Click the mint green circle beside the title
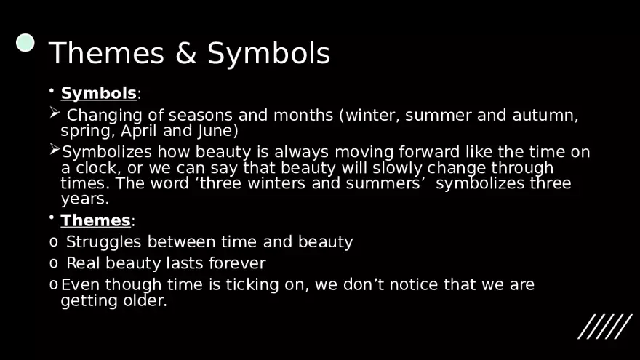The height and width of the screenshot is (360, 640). click(x=25, y=43)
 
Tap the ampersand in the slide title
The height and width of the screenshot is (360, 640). click(x=186, y=53)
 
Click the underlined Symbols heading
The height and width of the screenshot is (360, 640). click(x=98, y=94)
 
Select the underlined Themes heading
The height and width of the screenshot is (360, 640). click(x=95, y=220)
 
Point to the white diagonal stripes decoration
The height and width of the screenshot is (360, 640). click(x=605, y=327)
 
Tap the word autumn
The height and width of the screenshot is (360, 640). click(x=545, y=116)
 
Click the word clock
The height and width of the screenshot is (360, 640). click(x=96, y=168)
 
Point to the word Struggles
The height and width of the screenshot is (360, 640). click(x=104, y=242)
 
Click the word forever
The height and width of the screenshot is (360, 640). click(x=237, y=263)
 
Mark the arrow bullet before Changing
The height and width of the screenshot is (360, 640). click(x=55, y=112)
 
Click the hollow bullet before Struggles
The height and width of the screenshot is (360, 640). click(x=54, y=242)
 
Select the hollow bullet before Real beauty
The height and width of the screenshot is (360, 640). click(x=54, y=263)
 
